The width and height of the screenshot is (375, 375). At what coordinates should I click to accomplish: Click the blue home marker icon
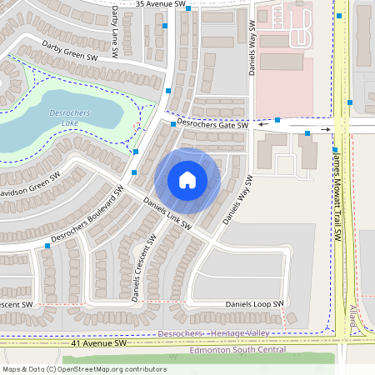[x=187, y=179]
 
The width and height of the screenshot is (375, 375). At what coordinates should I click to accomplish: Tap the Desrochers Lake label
[x=65, y=118]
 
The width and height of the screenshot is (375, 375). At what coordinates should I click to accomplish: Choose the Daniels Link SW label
[x=167, y=214]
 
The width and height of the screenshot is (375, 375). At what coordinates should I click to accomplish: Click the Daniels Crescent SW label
[x=143, y=267]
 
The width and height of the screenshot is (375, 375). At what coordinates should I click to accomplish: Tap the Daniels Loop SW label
[x=254, y=304]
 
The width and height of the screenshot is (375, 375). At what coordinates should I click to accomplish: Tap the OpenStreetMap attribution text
[x=83, y=368]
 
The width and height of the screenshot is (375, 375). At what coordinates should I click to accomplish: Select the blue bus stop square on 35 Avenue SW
[x=189, y=8]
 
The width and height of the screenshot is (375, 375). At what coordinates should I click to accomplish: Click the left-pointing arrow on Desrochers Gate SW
[x=262, y=125]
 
